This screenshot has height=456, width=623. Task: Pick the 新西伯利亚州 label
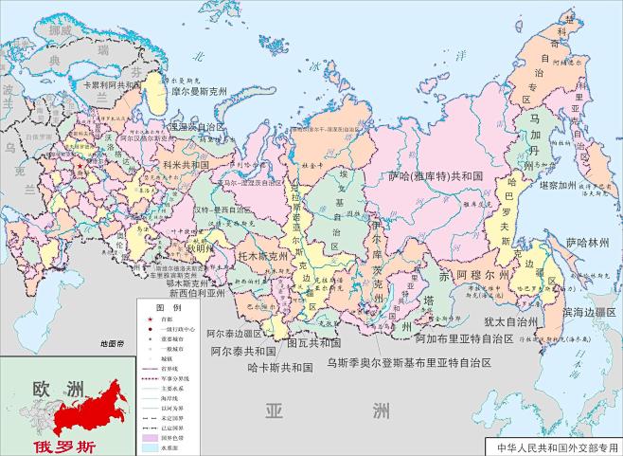click(x=197, y=293)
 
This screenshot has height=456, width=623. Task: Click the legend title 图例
click(x=169, y=309)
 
